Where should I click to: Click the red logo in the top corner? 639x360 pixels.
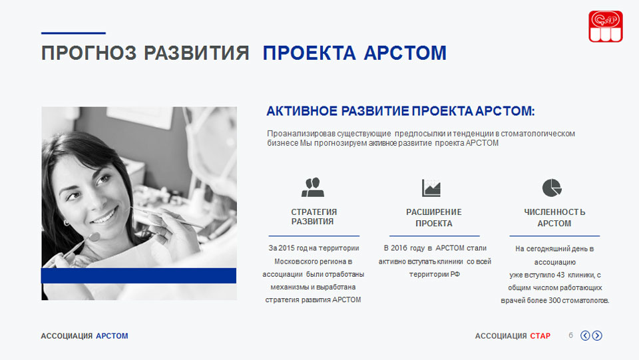coord(605,27)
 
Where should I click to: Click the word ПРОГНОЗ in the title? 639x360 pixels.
coord(89,53)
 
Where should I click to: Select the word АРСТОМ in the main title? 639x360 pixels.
coord(405,53)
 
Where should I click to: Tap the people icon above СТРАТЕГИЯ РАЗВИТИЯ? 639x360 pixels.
coord(313,188)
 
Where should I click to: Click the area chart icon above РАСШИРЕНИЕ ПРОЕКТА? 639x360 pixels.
coord(431,188)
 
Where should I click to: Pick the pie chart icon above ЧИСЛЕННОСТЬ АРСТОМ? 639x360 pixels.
coord(552,188)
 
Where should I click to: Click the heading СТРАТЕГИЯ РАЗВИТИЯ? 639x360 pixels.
coord(314,217)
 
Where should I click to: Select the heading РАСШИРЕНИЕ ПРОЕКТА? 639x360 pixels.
coord(433,218)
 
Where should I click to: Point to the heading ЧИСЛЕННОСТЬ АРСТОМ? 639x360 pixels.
coord(554,218)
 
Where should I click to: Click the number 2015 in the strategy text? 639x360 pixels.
coord(287,248)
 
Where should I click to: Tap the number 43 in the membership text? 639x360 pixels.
coord(560,275)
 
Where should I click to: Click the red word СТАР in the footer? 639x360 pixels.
coord(540,336)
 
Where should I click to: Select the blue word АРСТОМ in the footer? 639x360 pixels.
coord(112,336)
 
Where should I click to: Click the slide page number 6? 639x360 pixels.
coord(570,335)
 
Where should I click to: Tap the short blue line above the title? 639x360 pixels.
coord(73,33)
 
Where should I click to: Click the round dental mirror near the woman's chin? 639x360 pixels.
coord(94,237)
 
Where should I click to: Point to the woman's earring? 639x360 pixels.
coord(67,223)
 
